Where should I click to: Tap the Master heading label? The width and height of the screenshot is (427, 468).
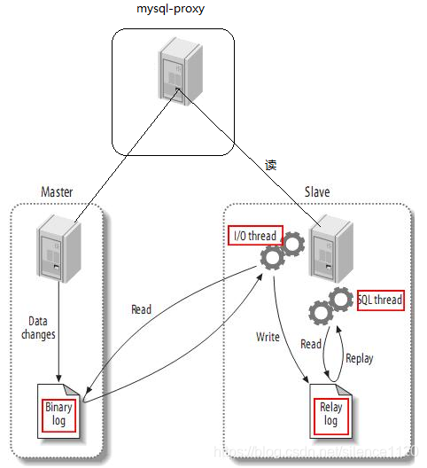click(58, 192)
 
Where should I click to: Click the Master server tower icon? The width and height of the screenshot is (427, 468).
click(54, 250)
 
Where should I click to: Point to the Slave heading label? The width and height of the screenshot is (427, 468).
click(317, 192)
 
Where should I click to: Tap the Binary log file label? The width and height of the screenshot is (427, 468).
click(59, 413)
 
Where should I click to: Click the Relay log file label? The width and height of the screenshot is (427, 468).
click(330, 414)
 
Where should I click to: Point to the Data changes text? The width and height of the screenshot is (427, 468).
click(39, 328)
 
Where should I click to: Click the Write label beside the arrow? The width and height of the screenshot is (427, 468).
click(268, 338)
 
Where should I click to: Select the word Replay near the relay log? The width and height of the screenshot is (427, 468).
click(359, 359)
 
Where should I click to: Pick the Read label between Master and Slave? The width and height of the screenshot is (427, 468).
click(141, 309)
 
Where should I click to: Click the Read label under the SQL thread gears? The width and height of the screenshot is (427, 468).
click(311, 344)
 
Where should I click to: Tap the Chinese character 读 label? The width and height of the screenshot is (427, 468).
click(272, 165)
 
